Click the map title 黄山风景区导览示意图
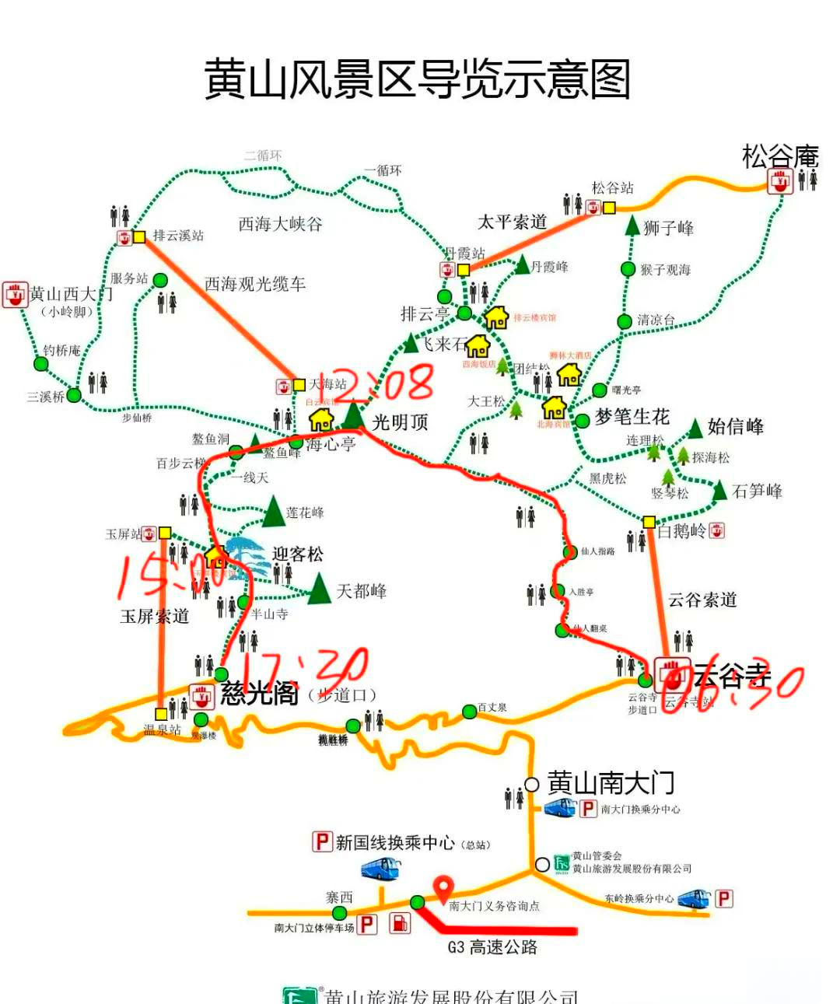point(417,79)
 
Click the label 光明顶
point(401,422)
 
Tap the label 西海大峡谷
point(280,224)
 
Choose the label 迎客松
point(297,554)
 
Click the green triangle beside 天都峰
point(319,589)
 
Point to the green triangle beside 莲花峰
point(273,511)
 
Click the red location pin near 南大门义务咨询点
point(443,887)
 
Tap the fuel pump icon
point(399,923)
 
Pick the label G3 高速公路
point(492,947)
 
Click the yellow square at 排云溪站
point(139,236)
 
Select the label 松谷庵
point(780,156)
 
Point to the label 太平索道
point(513,222)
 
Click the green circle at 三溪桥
point(74,395)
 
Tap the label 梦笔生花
point(632,417)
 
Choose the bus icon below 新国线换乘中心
point(381,869)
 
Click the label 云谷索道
point(702,600)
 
